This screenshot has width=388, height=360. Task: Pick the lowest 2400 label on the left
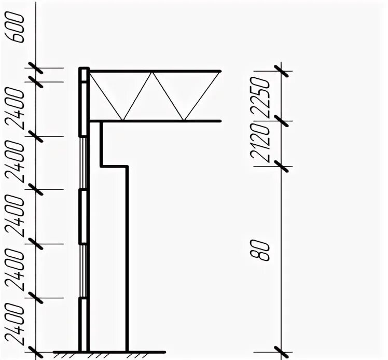(18, 324)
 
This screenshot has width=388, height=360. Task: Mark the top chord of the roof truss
(156, 71)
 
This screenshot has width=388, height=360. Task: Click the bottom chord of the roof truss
(156, 121)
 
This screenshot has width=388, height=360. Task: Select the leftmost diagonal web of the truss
(106, 96)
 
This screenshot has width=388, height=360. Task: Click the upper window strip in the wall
(82, 163)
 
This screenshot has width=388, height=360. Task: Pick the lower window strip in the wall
(82, 271)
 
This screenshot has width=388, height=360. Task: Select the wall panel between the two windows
(82, 217)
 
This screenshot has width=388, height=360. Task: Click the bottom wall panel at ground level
(82, 324)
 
